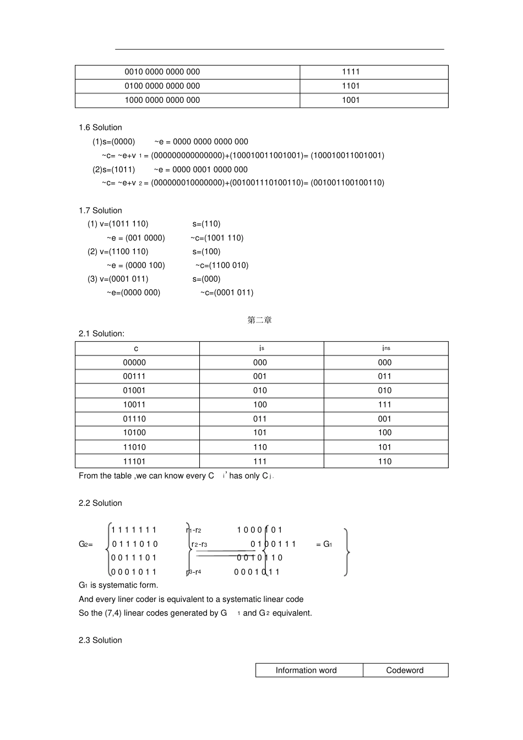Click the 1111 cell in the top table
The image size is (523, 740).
pyautogui.click(x=350, y=72)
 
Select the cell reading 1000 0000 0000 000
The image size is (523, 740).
pyautogui.click(x=162, y=101)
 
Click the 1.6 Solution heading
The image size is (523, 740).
pyautogui.click(x=100, y=128)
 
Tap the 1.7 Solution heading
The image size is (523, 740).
pyautogui.click(x=100, y=211)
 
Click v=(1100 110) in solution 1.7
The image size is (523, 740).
pyautogui.click(x=118, y=251)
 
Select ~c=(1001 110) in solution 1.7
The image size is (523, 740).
pyautogui.click(x=217, y=238)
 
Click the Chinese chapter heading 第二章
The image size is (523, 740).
pyautogui.click(x=259, y=320)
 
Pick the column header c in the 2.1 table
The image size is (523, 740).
pyautogui.click(x=137, y=349)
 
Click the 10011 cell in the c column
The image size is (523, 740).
pyautogui.click(x=134, y=404)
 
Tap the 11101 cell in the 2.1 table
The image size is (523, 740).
pyautogui.click(x=134, y=462)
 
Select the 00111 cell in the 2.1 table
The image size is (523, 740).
pyautogui.click(x=134, y=376)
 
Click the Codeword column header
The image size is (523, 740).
pyautogui.click(x=405, y=670)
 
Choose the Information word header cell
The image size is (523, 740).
pyautogui.click(x=306, y=670)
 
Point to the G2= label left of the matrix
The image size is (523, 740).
pyautogui.click(x=86, y=544)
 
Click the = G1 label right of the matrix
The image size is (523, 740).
pyautogui.click(x=324, y=544)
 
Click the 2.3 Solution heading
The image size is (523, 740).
pyautogui.click(x=100, y=640)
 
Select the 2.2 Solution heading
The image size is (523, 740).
pyautogui.click(x=100, y=503)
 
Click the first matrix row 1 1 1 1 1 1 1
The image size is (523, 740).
pyautogui.click(x=134, y=530)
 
